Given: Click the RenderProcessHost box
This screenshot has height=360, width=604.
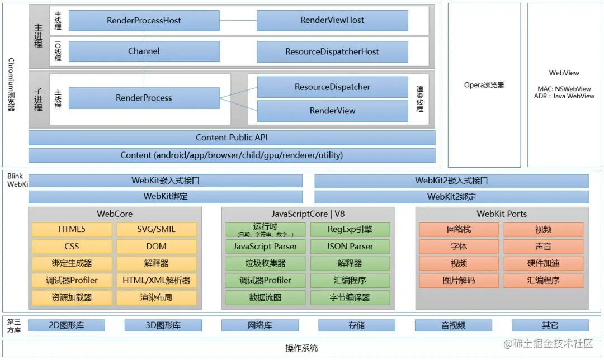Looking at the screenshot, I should point(144,21).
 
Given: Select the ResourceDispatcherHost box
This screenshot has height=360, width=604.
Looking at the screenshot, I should point(332,51).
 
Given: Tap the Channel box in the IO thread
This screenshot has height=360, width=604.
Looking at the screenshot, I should point(144,51).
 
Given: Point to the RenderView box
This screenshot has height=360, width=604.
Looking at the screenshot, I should point(332,111).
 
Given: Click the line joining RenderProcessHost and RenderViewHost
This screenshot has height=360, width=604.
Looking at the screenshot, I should point(238,21).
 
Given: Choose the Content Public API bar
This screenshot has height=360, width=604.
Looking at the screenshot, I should point(232,138).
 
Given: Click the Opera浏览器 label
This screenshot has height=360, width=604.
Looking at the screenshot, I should point(484,85).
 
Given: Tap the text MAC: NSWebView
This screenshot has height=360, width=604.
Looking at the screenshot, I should point(564,89).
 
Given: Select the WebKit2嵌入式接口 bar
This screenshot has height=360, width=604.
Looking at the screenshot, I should point(451,181).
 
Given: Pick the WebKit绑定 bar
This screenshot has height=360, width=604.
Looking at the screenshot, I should point(166,196).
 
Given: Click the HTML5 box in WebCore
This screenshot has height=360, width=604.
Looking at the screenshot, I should point(72,229).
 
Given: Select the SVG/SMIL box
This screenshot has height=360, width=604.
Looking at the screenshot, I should point(156,229).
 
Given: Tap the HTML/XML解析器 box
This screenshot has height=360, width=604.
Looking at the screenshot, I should point(156,280).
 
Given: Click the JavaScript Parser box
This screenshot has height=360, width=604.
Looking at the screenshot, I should point(266,246).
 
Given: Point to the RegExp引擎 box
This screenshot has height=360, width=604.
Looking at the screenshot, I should point(350,229).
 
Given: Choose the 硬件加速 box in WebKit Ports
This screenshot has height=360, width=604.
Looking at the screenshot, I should point(543,263).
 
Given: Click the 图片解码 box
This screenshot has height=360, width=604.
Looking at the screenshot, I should point(459,280).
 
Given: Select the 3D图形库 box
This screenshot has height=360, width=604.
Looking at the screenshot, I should point(163,325).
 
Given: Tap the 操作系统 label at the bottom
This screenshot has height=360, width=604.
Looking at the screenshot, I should point(302,348).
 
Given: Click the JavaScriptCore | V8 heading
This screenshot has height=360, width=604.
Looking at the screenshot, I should point(308,214).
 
